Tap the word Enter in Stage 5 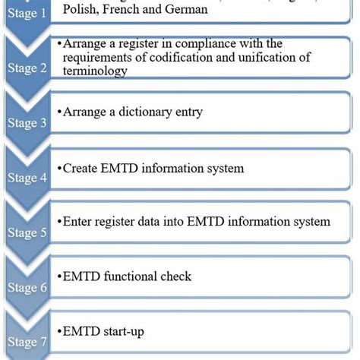coord(79,222)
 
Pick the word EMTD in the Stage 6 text coord(81,277)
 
